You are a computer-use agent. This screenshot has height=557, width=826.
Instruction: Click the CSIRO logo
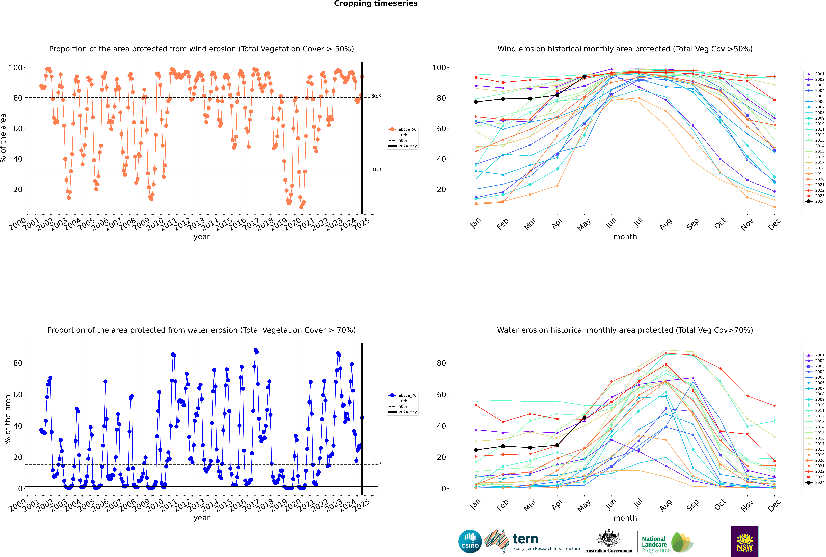point(470,541)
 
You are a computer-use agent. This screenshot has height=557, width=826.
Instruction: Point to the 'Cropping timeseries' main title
point(376,4)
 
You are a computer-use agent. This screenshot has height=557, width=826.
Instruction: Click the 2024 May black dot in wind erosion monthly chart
point(584,77)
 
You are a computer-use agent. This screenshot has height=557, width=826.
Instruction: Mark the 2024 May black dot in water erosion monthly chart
point(584,418)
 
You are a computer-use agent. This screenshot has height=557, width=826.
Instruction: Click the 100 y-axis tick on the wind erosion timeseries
point(16,68)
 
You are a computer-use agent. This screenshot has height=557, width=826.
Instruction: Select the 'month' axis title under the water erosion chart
point(625,518)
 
